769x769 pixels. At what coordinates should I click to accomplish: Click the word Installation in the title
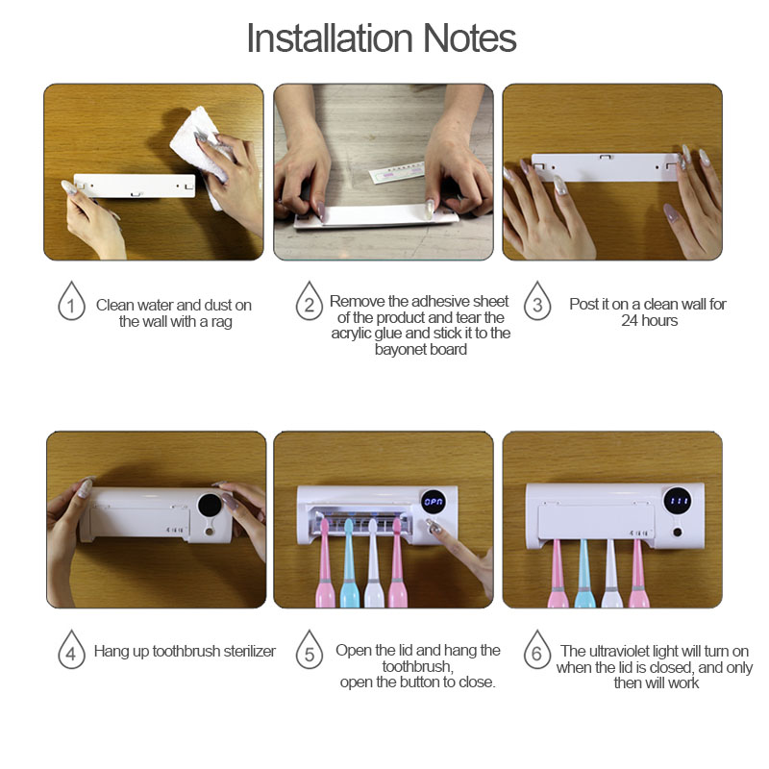coord(330,38)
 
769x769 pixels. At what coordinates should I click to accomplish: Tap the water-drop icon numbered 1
coord(71,301)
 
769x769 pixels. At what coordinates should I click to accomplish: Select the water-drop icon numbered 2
coord(309,301)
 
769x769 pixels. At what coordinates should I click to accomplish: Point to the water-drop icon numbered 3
coord(537,301)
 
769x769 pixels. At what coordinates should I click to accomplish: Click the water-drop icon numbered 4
coord(71,650)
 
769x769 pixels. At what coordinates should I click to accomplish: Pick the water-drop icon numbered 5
coord(309,650)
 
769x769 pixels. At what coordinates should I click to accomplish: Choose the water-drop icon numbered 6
coord(537,650)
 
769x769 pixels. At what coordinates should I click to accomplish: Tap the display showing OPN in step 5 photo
coord(434,501)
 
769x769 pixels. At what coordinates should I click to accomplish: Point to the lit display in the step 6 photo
coord(678,501)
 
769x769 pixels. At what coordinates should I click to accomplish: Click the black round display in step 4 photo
coord(210,507)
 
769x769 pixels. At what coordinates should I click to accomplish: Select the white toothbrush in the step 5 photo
coord(374,563)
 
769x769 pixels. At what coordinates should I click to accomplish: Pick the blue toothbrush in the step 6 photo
coord(583,574)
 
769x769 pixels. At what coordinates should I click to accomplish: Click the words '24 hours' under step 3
coord(650,321)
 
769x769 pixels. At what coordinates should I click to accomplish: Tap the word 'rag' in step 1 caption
coord(222,322)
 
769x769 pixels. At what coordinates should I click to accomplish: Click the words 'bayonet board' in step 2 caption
coord(421,350)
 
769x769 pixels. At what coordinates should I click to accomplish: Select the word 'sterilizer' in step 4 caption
coord(249,652)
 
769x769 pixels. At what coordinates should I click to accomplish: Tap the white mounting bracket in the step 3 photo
coord(607,166)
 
